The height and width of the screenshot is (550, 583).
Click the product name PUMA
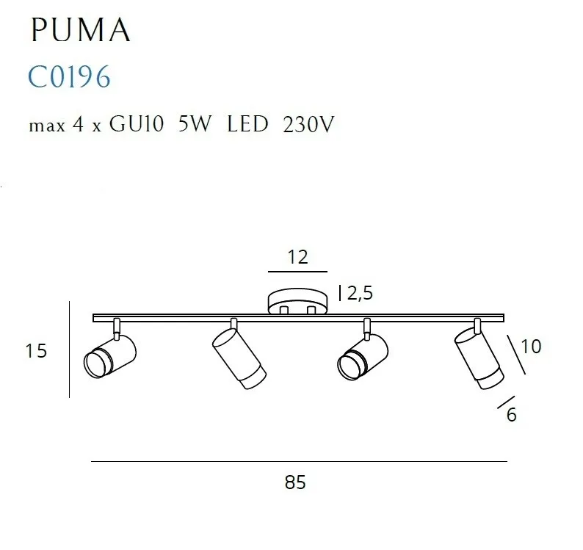click(x=81, y=30)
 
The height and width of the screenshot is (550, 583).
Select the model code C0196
click(x=70, y=76)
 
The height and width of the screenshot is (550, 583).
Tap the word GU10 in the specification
click(x=136, y=124)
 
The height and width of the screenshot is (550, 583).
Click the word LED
click(x=247, y=124)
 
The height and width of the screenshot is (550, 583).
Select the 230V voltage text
click(x=308, y=124)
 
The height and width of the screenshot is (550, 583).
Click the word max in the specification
click(x=47, y=126)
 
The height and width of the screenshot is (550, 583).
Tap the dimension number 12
click(x=298, y=257)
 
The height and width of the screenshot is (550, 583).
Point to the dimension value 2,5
click(x=360, y=294)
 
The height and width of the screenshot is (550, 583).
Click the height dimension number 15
click(x=36, y=351)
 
